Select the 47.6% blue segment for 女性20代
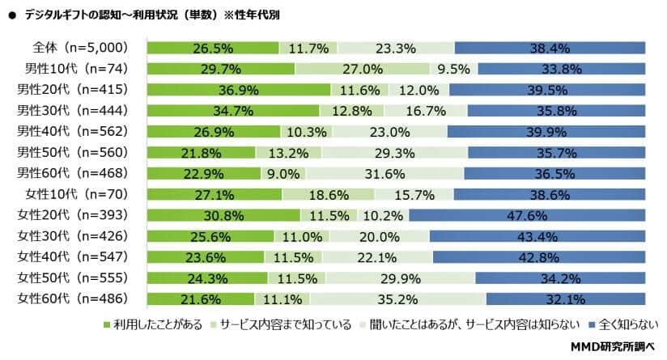(x=527, y=214)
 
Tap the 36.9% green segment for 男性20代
(x=238, y=88)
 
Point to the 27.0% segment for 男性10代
(x=362, y=69)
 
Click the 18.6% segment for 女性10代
(x=328, y=193)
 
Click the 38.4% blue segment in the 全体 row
(x=550, y=48)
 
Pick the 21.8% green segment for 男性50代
(x=201, y=151)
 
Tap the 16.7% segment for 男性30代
(x=416, y=109)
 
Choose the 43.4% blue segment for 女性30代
(x=537, y=235)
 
